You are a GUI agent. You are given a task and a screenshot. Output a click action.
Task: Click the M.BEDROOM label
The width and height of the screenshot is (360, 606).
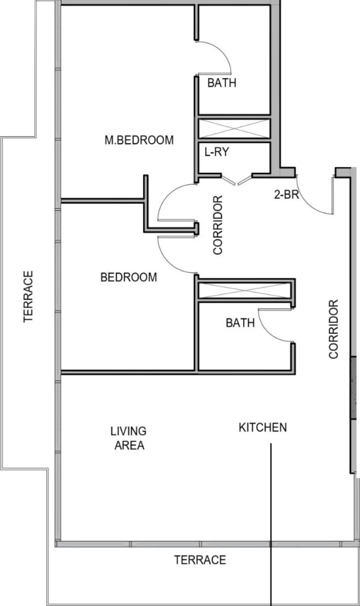click(139, 140)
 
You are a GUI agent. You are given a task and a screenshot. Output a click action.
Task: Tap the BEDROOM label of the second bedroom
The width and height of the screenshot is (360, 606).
click(128, 277)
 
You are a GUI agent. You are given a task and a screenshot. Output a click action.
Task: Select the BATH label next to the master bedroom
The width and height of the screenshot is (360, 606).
click(222, 83)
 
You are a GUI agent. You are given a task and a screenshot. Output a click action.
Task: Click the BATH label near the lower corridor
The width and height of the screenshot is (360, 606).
click(240, 323)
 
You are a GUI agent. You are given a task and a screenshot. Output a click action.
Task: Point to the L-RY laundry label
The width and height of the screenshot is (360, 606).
click(216, 152)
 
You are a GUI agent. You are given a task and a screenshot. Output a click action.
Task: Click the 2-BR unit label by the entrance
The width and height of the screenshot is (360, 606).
click(286, 195)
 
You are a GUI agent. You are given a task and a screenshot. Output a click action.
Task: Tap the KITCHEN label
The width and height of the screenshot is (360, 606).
click(262, 427)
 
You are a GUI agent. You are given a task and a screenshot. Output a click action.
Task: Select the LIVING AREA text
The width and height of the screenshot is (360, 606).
click(129, 438)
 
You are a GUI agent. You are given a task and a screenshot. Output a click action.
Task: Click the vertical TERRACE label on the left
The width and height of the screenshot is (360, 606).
click(28, 297)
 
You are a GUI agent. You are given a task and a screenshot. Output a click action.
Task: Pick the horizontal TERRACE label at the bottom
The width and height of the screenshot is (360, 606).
click(200, 560)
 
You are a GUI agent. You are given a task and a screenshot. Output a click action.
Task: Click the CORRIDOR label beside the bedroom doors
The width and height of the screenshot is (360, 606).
click(218, 225)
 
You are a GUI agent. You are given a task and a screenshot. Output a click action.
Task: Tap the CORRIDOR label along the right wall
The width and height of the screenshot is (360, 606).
click(334, 329)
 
